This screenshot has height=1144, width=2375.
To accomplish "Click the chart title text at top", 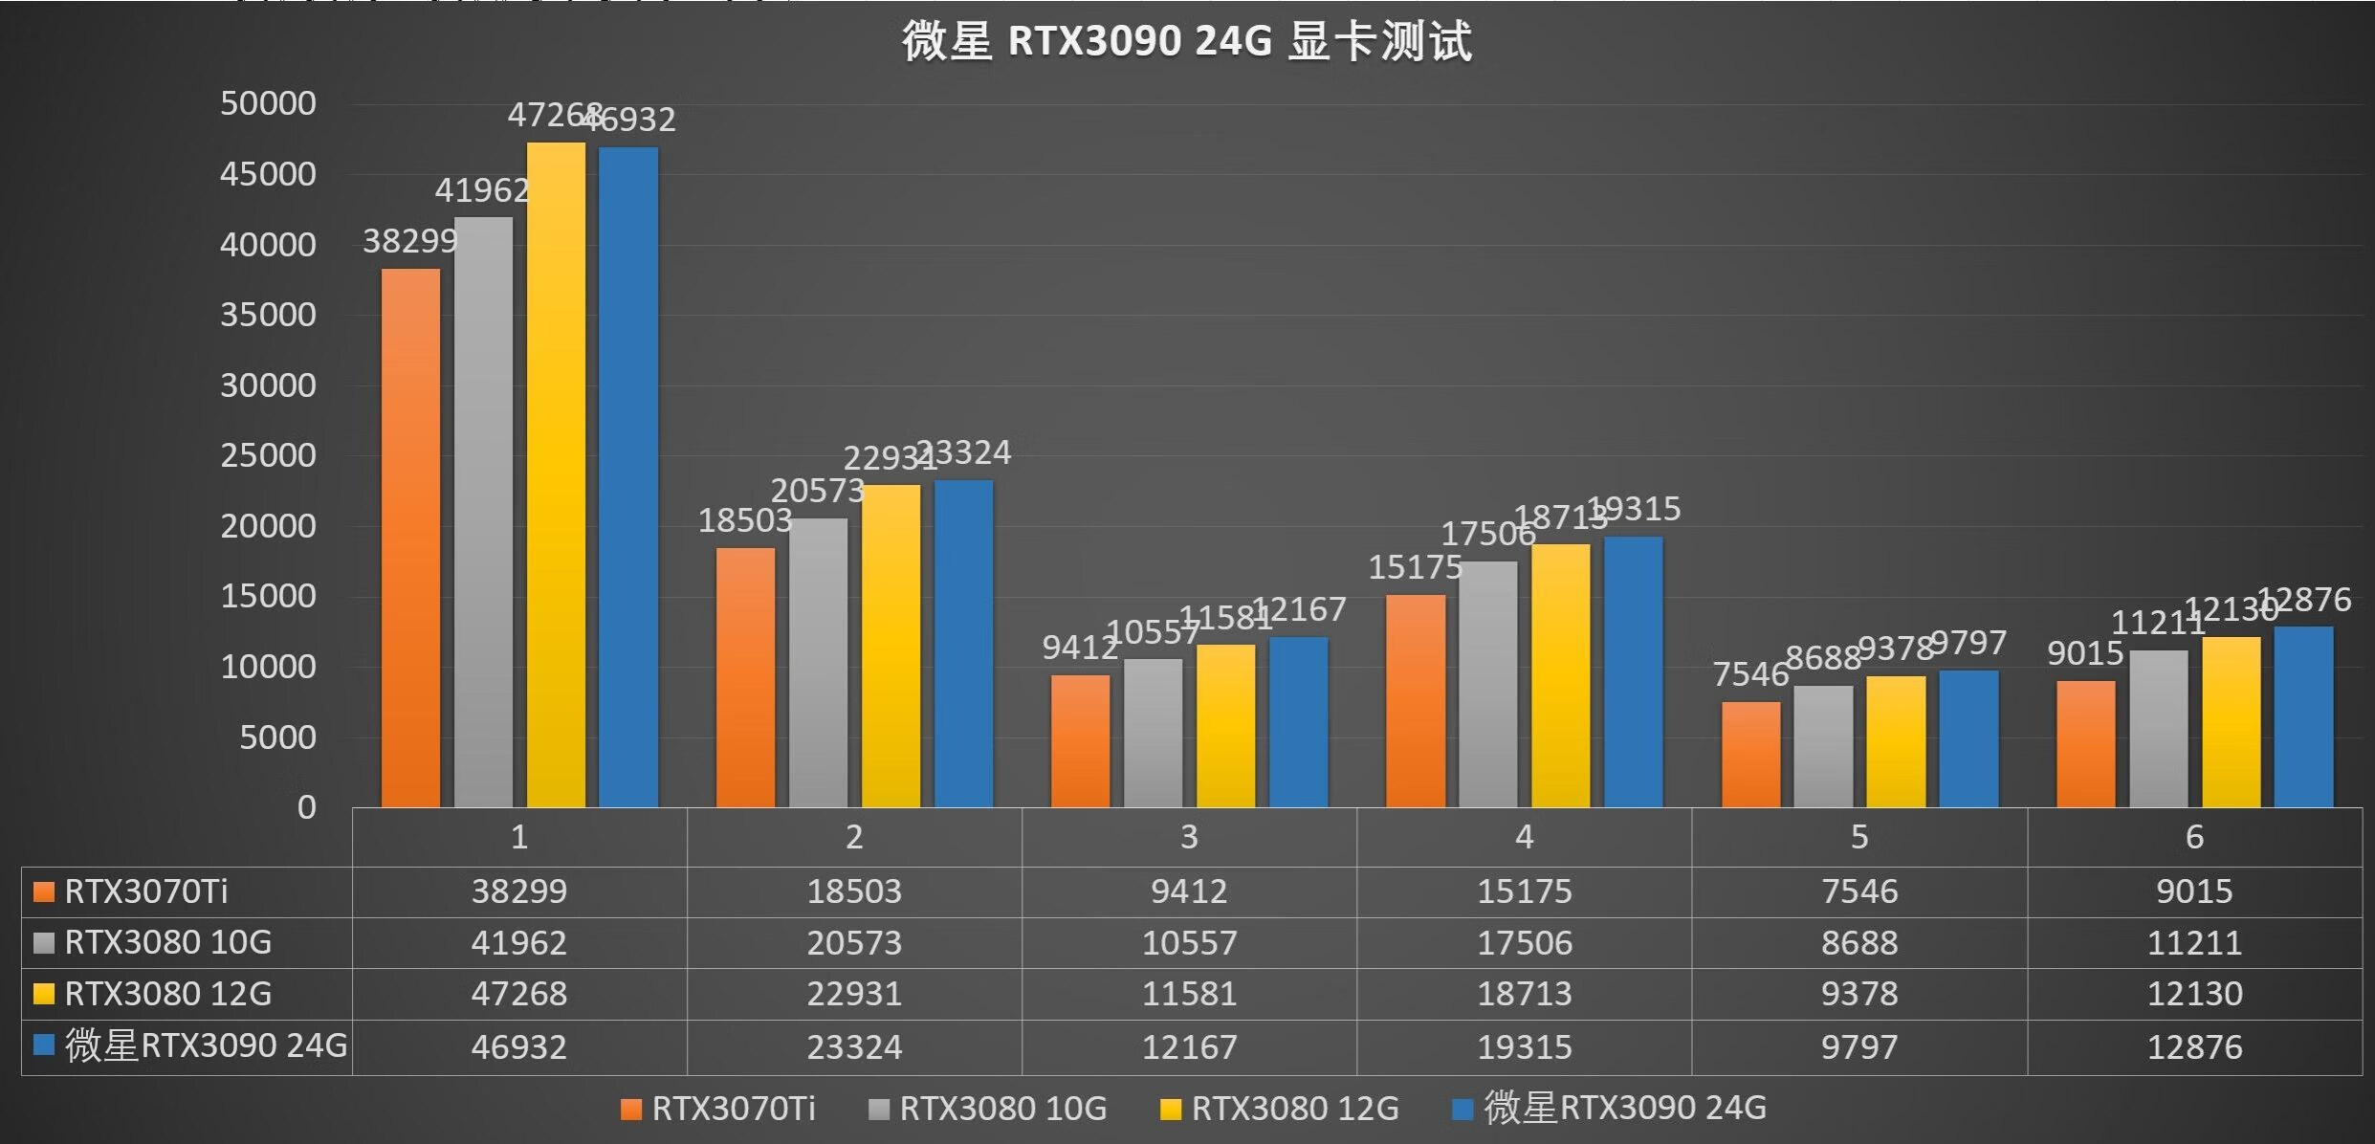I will click(1186, 41).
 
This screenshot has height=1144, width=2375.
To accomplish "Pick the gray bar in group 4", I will click(1487, 684).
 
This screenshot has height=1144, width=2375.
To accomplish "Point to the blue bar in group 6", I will click(2303, 717).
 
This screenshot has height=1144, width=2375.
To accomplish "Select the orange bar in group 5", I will click(1750, 755).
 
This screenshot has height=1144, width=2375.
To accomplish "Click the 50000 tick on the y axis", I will click(268, 103).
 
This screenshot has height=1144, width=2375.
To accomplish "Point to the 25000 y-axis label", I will click(268, 455).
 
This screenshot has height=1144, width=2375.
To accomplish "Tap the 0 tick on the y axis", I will click(306, 807).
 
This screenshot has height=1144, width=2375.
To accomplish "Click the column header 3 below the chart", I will click(1189, 837).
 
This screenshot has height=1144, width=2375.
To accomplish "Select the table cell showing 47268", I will click(518, 994).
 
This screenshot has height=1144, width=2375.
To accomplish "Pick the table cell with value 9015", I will click(2194, 891).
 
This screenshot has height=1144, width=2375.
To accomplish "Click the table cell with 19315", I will click(1524, 1046).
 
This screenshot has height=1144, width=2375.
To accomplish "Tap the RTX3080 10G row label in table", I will click(167, 942).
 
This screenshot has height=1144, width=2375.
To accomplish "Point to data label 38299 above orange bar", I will click(410, 241).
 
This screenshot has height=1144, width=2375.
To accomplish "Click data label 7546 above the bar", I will click(1749, 674).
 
